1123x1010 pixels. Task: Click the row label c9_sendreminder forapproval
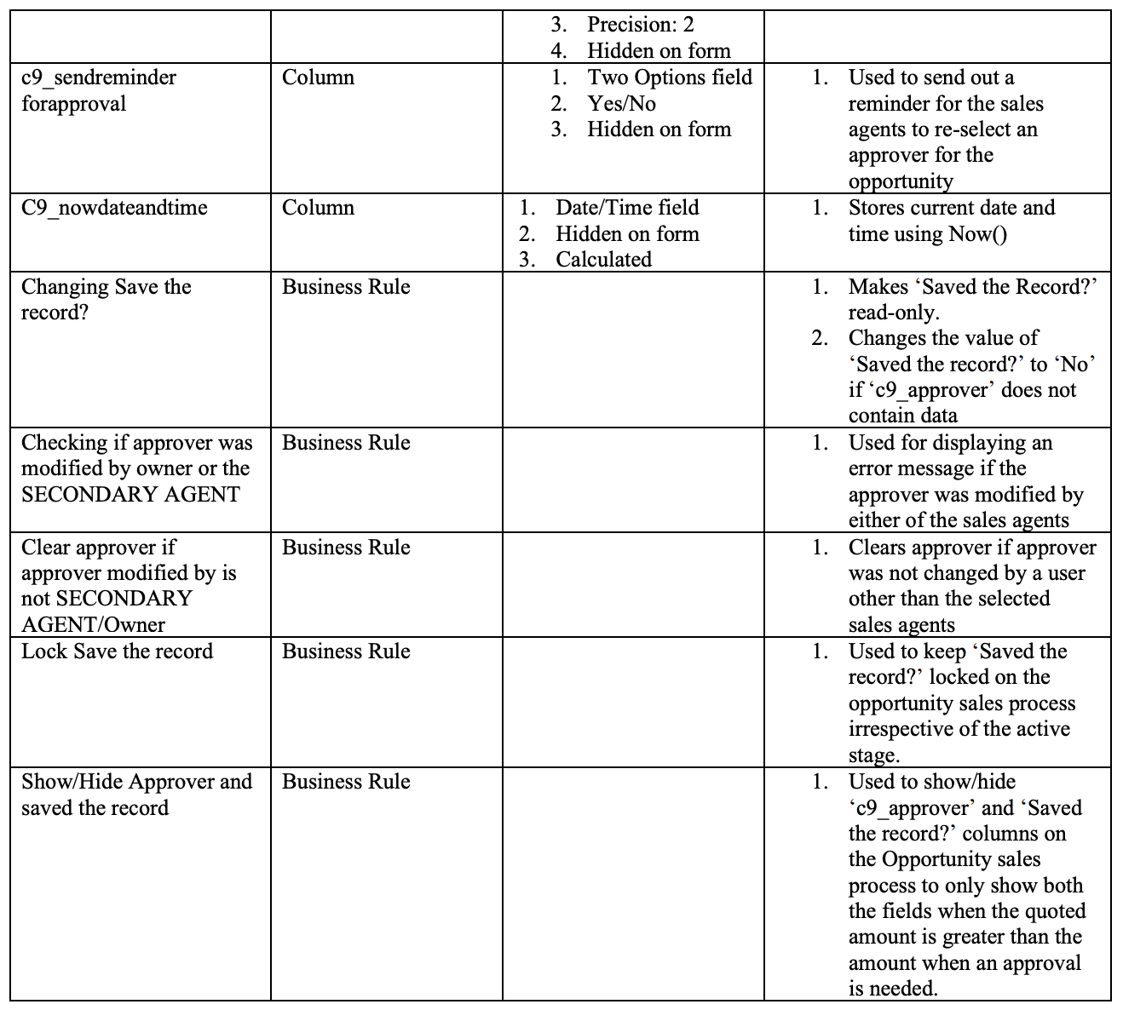pyautogui.click(x=98, y=90)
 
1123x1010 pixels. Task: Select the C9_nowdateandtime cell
pyautogui.click(x=114, y=208)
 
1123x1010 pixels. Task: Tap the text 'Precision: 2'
pyautogui.click(x=640, y=25)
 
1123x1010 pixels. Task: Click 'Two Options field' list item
pyautogui.click(x=670, y=77)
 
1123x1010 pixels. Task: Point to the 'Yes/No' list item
pyautogui.click(x=621, y=104)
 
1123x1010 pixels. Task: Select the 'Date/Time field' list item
pyautogui.click(x=627, y=208)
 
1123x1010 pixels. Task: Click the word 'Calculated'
pyautogui.click(x=603, y=260)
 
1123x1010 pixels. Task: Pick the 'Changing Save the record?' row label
pyautogui.click(x=106, y=299)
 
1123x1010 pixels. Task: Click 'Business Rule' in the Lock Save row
pyautogui.click(x=346, y=651)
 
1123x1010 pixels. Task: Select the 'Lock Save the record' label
pyautogui.click(x=117, y=651)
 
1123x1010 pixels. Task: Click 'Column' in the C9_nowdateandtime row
pyautogui.click(x=318, y=208)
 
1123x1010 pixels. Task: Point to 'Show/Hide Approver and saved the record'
pyautogui.click(x=136, y=795)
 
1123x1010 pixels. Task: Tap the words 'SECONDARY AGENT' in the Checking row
pyautogui.click(x=130, y=495)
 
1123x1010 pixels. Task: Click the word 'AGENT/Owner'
pyautogui.click(x=93, y=625)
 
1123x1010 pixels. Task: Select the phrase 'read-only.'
pyautogui.click(x=894, y=313)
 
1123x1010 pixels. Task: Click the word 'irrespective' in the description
pyautogui.click(x=901, y=729)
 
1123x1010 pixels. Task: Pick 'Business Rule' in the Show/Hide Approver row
pyautogui.click(x=346, y=782)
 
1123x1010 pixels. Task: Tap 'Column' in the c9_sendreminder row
pyautogui.click(x=318, y=77)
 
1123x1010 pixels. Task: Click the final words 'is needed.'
pyautogui.click(x=893, y=989)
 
